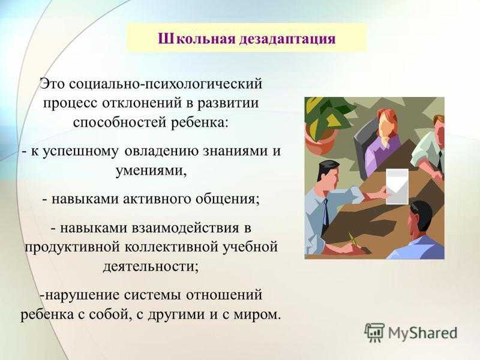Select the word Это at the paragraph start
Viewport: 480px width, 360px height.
tap(53, 83)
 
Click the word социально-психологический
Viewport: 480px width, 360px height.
tap(166, 84)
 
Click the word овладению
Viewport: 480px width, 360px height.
tap(162, 152)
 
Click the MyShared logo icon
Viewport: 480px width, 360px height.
tap(374, 332)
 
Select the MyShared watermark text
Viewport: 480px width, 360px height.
tap(423, 333)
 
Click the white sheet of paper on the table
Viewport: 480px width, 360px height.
tap(397, 186)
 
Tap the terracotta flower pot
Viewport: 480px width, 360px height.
tap(320, 142)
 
